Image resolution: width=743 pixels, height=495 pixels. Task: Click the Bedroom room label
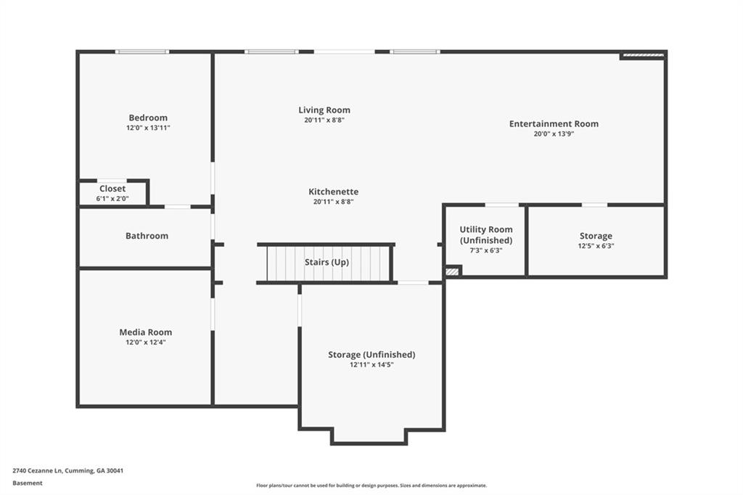(x=148, y=118)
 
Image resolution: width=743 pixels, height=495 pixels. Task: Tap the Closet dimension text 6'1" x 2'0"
(x=112, y=199)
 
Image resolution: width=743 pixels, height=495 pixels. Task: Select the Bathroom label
(x=147, y=236)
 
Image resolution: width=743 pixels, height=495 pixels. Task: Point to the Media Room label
(x=145, y=332)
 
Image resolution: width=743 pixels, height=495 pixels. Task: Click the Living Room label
(x=324, y=110)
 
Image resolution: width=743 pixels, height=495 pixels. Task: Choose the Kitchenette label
(x=334, y=192)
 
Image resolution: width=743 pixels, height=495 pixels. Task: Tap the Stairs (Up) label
(x=327, y=262)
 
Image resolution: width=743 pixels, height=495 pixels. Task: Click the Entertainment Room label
(x=554, y=123)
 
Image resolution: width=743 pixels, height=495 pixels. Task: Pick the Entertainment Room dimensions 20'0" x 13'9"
(x=554, y=134)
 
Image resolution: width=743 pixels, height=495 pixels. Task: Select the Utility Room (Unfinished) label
(x=486, y=234)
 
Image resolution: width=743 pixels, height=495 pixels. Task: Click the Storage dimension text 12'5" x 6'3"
(x=596, y=245)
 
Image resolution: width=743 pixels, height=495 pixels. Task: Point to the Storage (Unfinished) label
(x=371, y=355)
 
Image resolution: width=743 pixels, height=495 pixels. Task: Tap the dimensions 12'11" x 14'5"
(x=371, y=364)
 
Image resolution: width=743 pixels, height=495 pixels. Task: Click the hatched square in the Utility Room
(x=453, y=271)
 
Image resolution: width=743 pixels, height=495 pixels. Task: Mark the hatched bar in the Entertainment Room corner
(x=643, y=55)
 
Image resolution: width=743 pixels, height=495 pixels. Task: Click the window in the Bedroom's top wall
(x=142, y=52)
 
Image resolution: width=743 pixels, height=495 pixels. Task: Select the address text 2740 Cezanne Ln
(x=38, y=471)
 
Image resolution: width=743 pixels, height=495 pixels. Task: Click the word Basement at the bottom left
(x=28, y=483)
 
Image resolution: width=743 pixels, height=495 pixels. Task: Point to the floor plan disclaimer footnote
(x=371, y=486)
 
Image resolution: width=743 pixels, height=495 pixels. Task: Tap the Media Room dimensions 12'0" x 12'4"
(x=145, y=343)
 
